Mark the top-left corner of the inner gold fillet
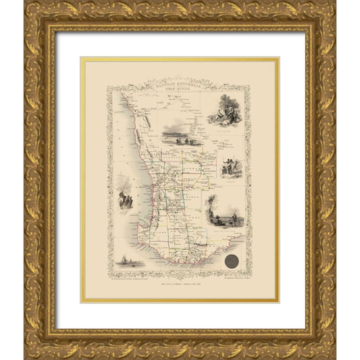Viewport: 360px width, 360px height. pyautogui.click(x=82, y=59)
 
